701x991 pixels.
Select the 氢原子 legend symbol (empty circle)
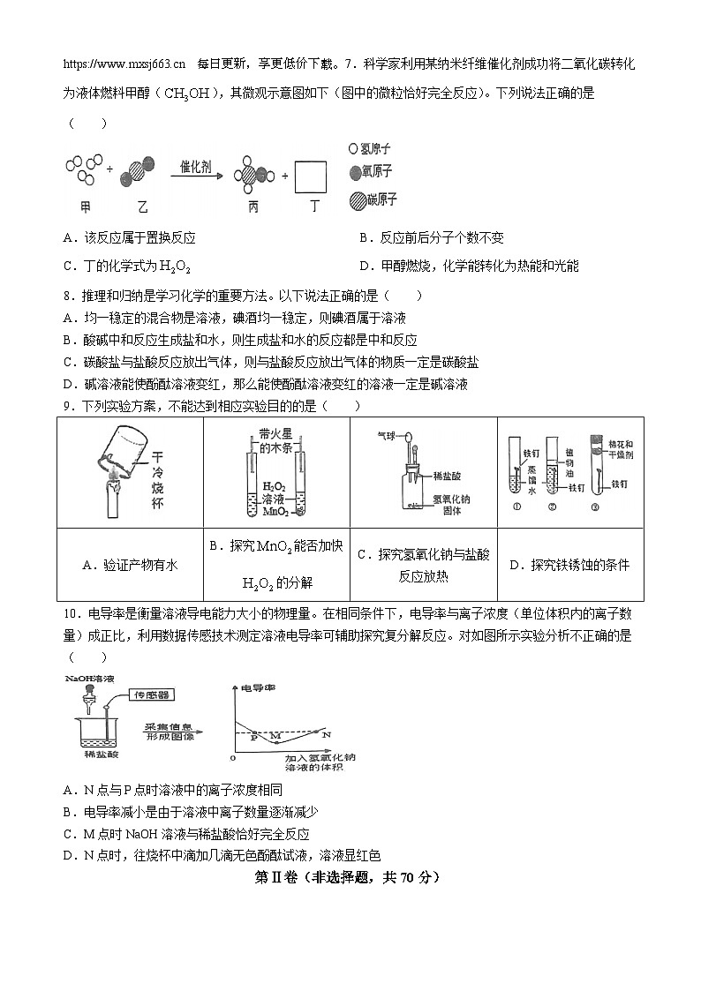(353, 149)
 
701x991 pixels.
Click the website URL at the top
(124, 64)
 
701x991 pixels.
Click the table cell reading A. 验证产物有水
(129, 565)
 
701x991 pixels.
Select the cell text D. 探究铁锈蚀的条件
(569, 565)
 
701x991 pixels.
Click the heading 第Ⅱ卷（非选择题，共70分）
(346, 877)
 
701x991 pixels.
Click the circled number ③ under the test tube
(595, 507)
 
